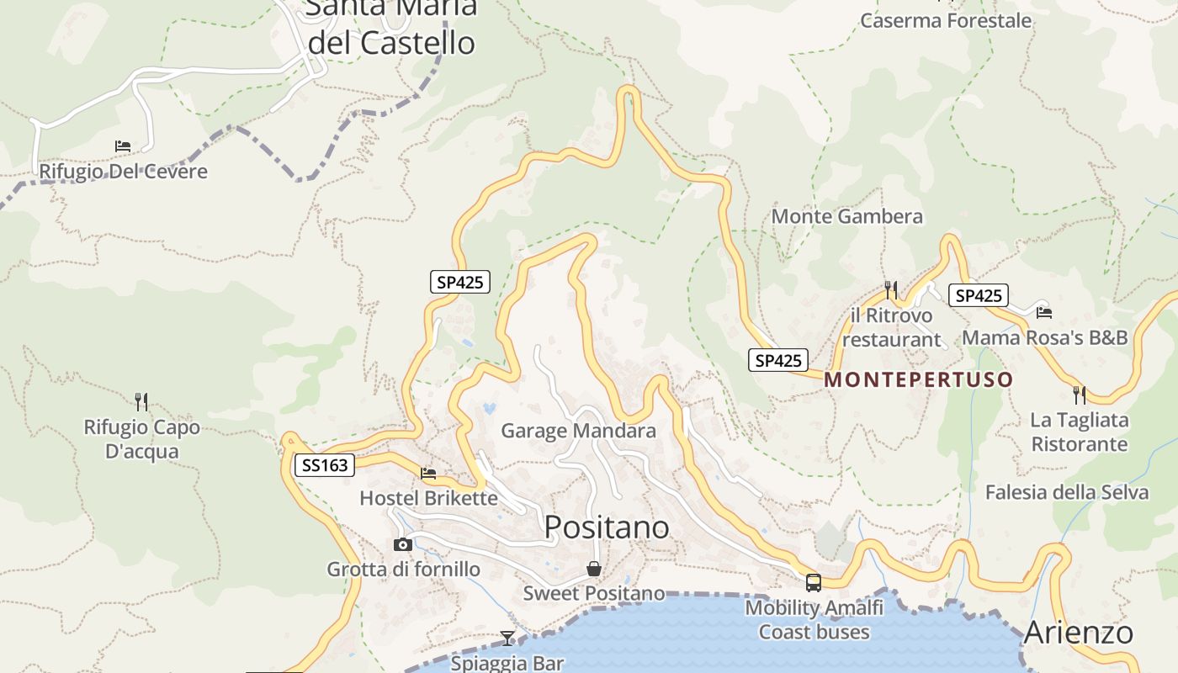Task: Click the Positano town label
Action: pyautogui.click(x=607, y=527)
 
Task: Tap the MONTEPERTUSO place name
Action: pyautogui.click(x=918, y=379)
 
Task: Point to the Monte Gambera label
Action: pyautogui.click(x=846, y=216)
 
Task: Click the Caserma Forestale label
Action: pyautogui.click(x=945, y=20)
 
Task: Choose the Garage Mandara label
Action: pyautogui.click(x=578, y=431)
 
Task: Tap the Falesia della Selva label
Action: pyautogui.click(x=1066, y=492)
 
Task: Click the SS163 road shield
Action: pyautogui.click(x=324, y=464)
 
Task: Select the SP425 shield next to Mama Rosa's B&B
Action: pyautogui.click(x=978, y=295)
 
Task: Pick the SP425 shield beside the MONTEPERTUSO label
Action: pyautogui.click(x=777, y=360)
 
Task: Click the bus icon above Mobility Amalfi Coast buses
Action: pyautogui.click(x=813, y=582)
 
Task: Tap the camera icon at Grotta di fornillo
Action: pyautogui.click(x=403, y=544)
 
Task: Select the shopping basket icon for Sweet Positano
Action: pyautogui.click(x=593, y=569)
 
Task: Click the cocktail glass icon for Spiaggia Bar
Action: pyautogui.click(x=507, y=638)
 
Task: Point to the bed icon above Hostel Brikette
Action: pyautogui.click(x=428, y=473)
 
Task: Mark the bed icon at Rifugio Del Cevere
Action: pyautogui.click(x=123, y=146)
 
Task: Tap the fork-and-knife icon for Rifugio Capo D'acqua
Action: pyautogui.click(x=141, y=401)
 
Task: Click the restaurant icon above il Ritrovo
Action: pyautogui.click(x=890, y=290)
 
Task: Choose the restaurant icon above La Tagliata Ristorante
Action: pyautogui.click(x=1079, y=395)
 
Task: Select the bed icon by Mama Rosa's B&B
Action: pyautogui.click(x=1044, y=312)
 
